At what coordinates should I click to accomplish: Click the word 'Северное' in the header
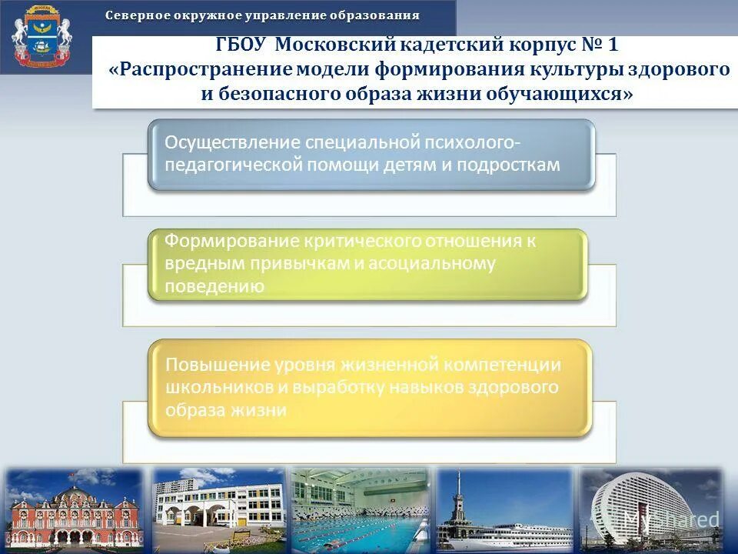tap(135, 15)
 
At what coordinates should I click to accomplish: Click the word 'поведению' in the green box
tap(215, 287)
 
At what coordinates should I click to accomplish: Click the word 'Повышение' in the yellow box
tap(207, 364)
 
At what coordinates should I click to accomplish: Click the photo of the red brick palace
tap(74, 509)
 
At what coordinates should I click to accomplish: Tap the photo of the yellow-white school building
tap(219, 509)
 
